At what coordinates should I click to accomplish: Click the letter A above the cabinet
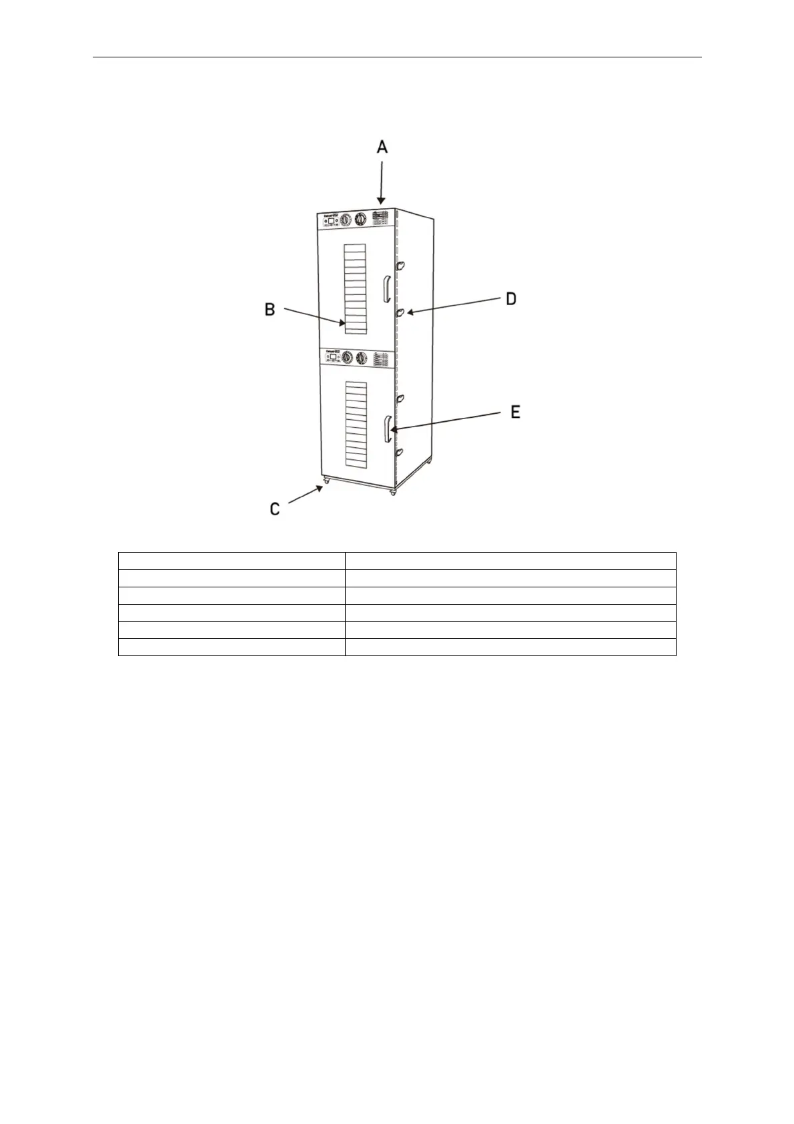382,147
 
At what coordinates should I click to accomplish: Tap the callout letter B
270,310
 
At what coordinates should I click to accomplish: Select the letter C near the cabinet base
275,509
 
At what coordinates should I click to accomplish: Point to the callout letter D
510,298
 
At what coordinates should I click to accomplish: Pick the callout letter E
515,412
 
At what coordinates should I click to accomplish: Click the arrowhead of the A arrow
381,202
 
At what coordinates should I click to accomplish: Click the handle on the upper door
386,289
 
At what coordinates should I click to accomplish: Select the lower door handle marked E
388,429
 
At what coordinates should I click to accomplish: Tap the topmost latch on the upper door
400,266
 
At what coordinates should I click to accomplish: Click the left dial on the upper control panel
346,220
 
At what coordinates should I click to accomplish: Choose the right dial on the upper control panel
362,219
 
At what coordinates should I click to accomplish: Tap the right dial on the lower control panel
362,358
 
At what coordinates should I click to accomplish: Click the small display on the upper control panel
332,220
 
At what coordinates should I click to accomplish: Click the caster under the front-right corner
392,492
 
